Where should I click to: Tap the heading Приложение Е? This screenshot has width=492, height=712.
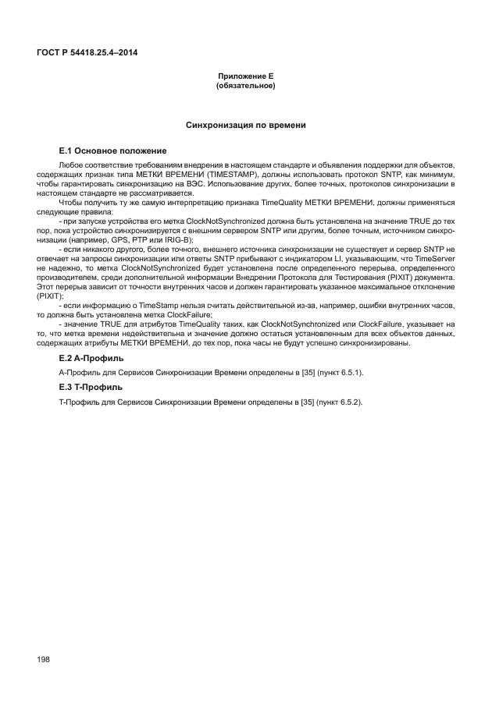click(244, 77)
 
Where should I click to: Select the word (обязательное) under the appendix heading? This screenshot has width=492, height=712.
click(244, 86)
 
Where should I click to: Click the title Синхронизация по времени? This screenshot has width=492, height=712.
click(244, 125)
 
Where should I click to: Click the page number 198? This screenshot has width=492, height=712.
click(43, 660)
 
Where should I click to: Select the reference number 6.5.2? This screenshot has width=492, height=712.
click(348, 402)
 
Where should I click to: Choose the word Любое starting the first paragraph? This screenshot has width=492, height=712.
click(71, 167)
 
